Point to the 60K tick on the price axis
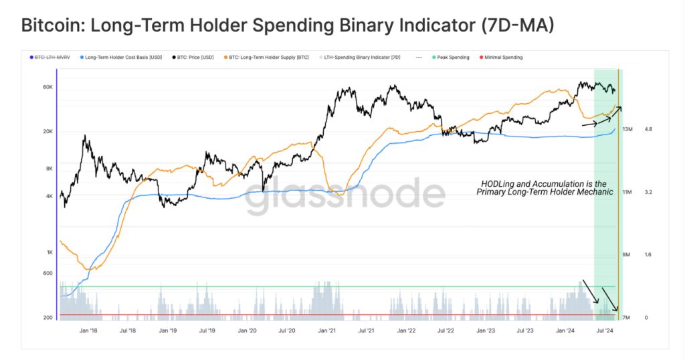pos(48,87)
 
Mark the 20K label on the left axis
pos(48,131)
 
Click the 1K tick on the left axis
pos(50,252)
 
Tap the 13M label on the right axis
pos(627,129)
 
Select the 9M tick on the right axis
pos(627,255)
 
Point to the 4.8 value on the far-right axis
pos(648,129)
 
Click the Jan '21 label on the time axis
pos(327,331)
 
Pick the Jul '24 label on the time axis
pos(604,331)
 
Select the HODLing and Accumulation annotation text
pos(544,187)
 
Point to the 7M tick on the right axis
pos(627,317)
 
